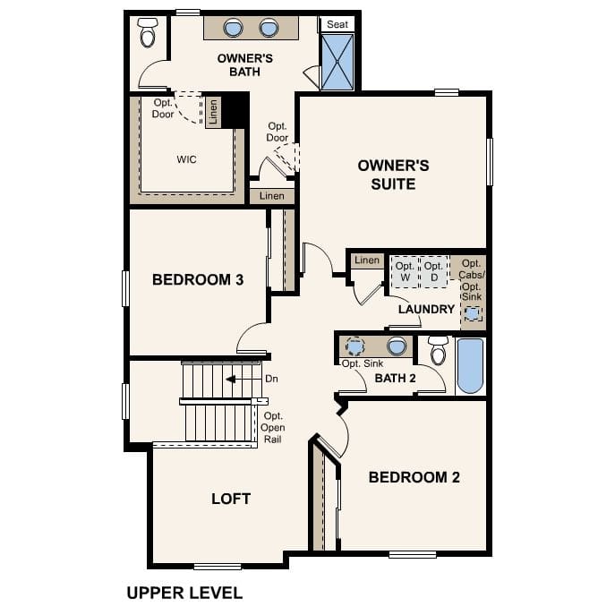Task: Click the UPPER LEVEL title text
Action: pos(184,592)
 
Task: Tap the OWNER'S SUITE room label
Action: pos(393,175)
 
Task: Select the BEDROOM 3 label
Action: pos(198,280)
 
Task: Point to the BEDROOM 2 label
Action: pos(414,477)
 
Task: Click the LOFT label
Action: pos(230,499)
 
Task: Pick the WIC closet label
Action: pos(186,159)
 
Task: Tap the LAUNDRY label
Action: pos(427,309)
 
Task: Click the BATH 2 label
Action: pos(396,378)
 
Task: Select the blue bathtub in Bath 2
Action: pos(470,365)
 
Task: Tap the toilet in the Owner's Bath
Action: pos(148,33)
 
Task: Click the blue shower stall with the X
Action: pos(337,62)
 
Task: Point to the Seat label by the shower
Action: pos(337,24)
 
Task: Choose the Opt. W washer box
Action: pos(406,271)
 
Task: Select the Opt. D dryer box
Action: pos(433,271)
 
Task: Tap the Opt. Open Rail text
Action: pos(273,428)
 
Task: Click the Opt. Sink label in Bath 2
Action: pos(363,363)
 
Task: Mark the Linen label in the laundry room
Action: pos(366,261)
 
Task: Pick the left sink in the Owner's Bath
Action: pos(234,29)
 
